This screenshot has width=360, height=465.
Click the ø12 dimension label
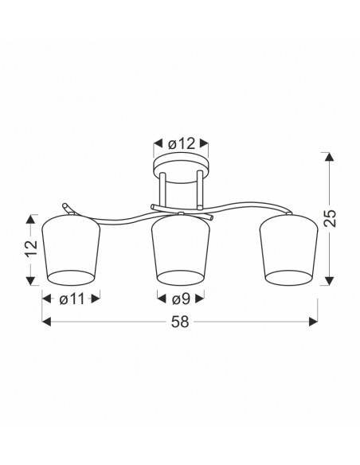pyautogui.click(x=181, y=144)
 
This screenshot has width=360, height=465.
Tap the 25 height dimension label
pyautogui.click(x=330, y=218)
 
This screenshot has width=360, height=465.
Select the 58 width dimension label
pyautogui.click(x=180, y=322)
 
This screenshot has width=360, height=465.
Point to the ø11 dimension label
pyautogui.click(x=72, y=299)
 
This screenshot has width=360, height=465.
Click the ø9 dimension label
pyautogui.click(x=181, y=299)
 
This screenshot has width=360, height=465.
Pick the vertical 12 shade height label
pyautogui.click(x=31, y=248)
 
